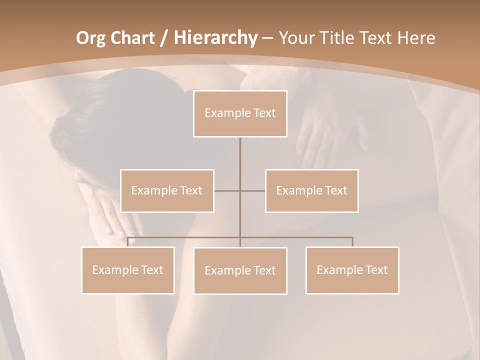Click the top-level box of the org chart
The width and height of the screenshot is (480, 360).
tap(240, 113)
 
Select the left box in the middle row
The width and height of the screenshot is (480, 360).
tap(167, 190)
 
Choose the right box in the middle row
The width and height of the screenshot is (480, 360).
tap(311, 190)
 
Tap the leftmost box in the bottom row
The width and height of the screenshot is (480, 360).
tap(128, 270)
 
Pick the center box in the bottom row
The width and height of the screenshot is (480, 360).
tap(240, 270)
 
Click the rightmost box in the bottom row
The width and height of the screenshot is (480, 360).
tap(352, 270)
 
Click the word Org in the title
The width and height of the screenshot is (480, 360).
tap(90, 38)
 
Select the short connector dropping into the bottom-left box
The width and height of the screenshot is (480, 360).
tap(128, 242)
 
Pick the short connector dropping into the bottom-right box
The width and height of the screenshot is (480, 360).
tap(352, 242)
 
